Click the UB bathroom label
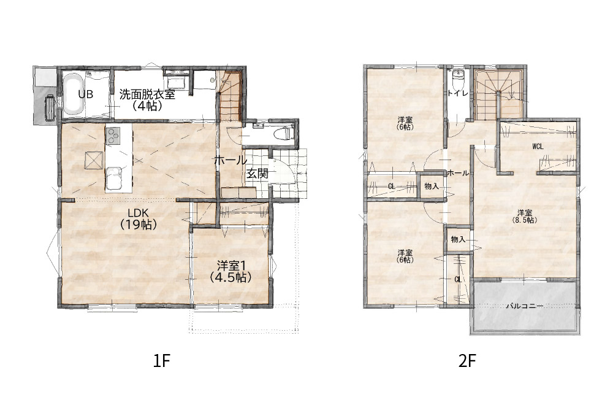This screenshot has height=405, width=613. [86, 94]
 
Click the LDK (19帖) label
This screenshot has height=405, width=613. [139, 218]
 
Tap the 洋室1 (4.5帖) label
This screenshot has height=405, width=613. [230, 272]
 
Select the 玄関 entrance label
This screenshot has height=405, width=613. [257, 174]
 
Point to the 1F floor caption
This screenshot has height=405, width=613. [161, 361]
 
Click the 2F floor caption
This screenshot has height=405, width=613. [467, 361]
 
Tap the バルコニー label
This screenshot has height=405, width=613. [524, 306]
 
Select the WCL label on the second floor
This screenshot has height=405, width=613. [538, 147]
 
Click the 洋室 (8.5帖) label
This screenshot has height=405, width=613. [525, 217]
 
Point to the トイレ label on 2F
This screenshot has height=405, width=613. [457, 93]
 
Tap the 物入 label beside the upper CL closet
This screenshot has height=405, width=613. [432, 187]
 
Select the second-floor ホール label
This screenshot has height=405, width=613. [458, 172]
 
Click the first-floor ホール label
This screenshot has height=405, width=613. [230, 160]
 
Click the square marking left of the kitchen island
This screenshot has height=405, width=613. [94, 160]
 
